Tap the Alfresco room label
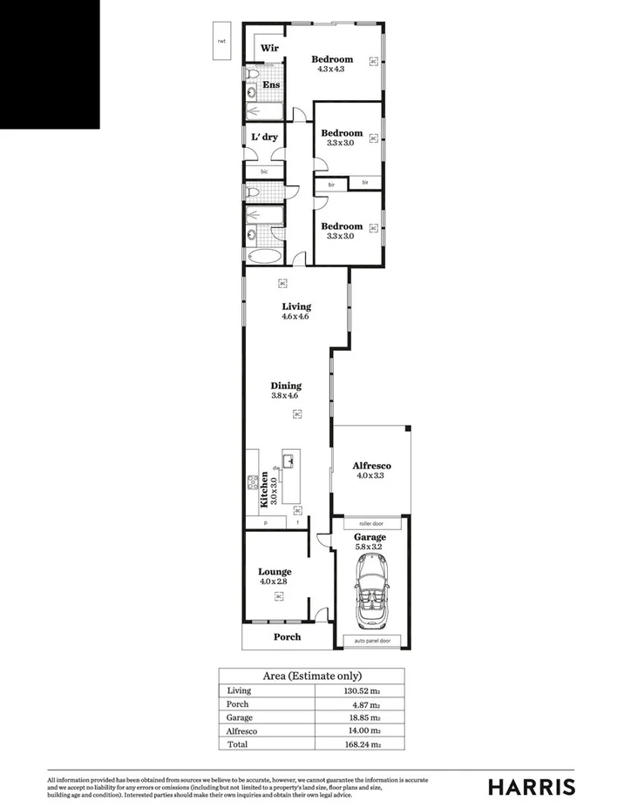[x=371, y=466]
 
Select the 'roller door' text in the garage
[x=370, y=524]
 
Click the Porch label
[x=288, y=637]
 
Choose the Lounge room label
[x=275, y=572]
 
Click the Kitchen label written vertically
[x=263, y=489]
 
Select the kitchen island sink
[x=288, y=461]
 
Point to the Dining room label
[x=286, y=386]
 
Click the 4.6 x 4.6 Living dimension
[x=295, y=317]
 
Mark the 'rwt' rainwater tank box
[x=221, y=41]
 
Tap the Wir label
[x=270, y=49]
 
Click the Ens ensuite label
[x=271, y=84]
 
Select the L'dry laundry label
[x=264, y=137]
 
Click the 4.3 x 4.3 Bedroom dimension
[x=332, y=69]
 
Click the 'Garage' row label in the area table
[x=240, y=717]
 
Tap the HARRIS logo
[x=531, y=786]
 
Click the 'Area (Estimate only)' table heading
[x=312, y=676]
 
